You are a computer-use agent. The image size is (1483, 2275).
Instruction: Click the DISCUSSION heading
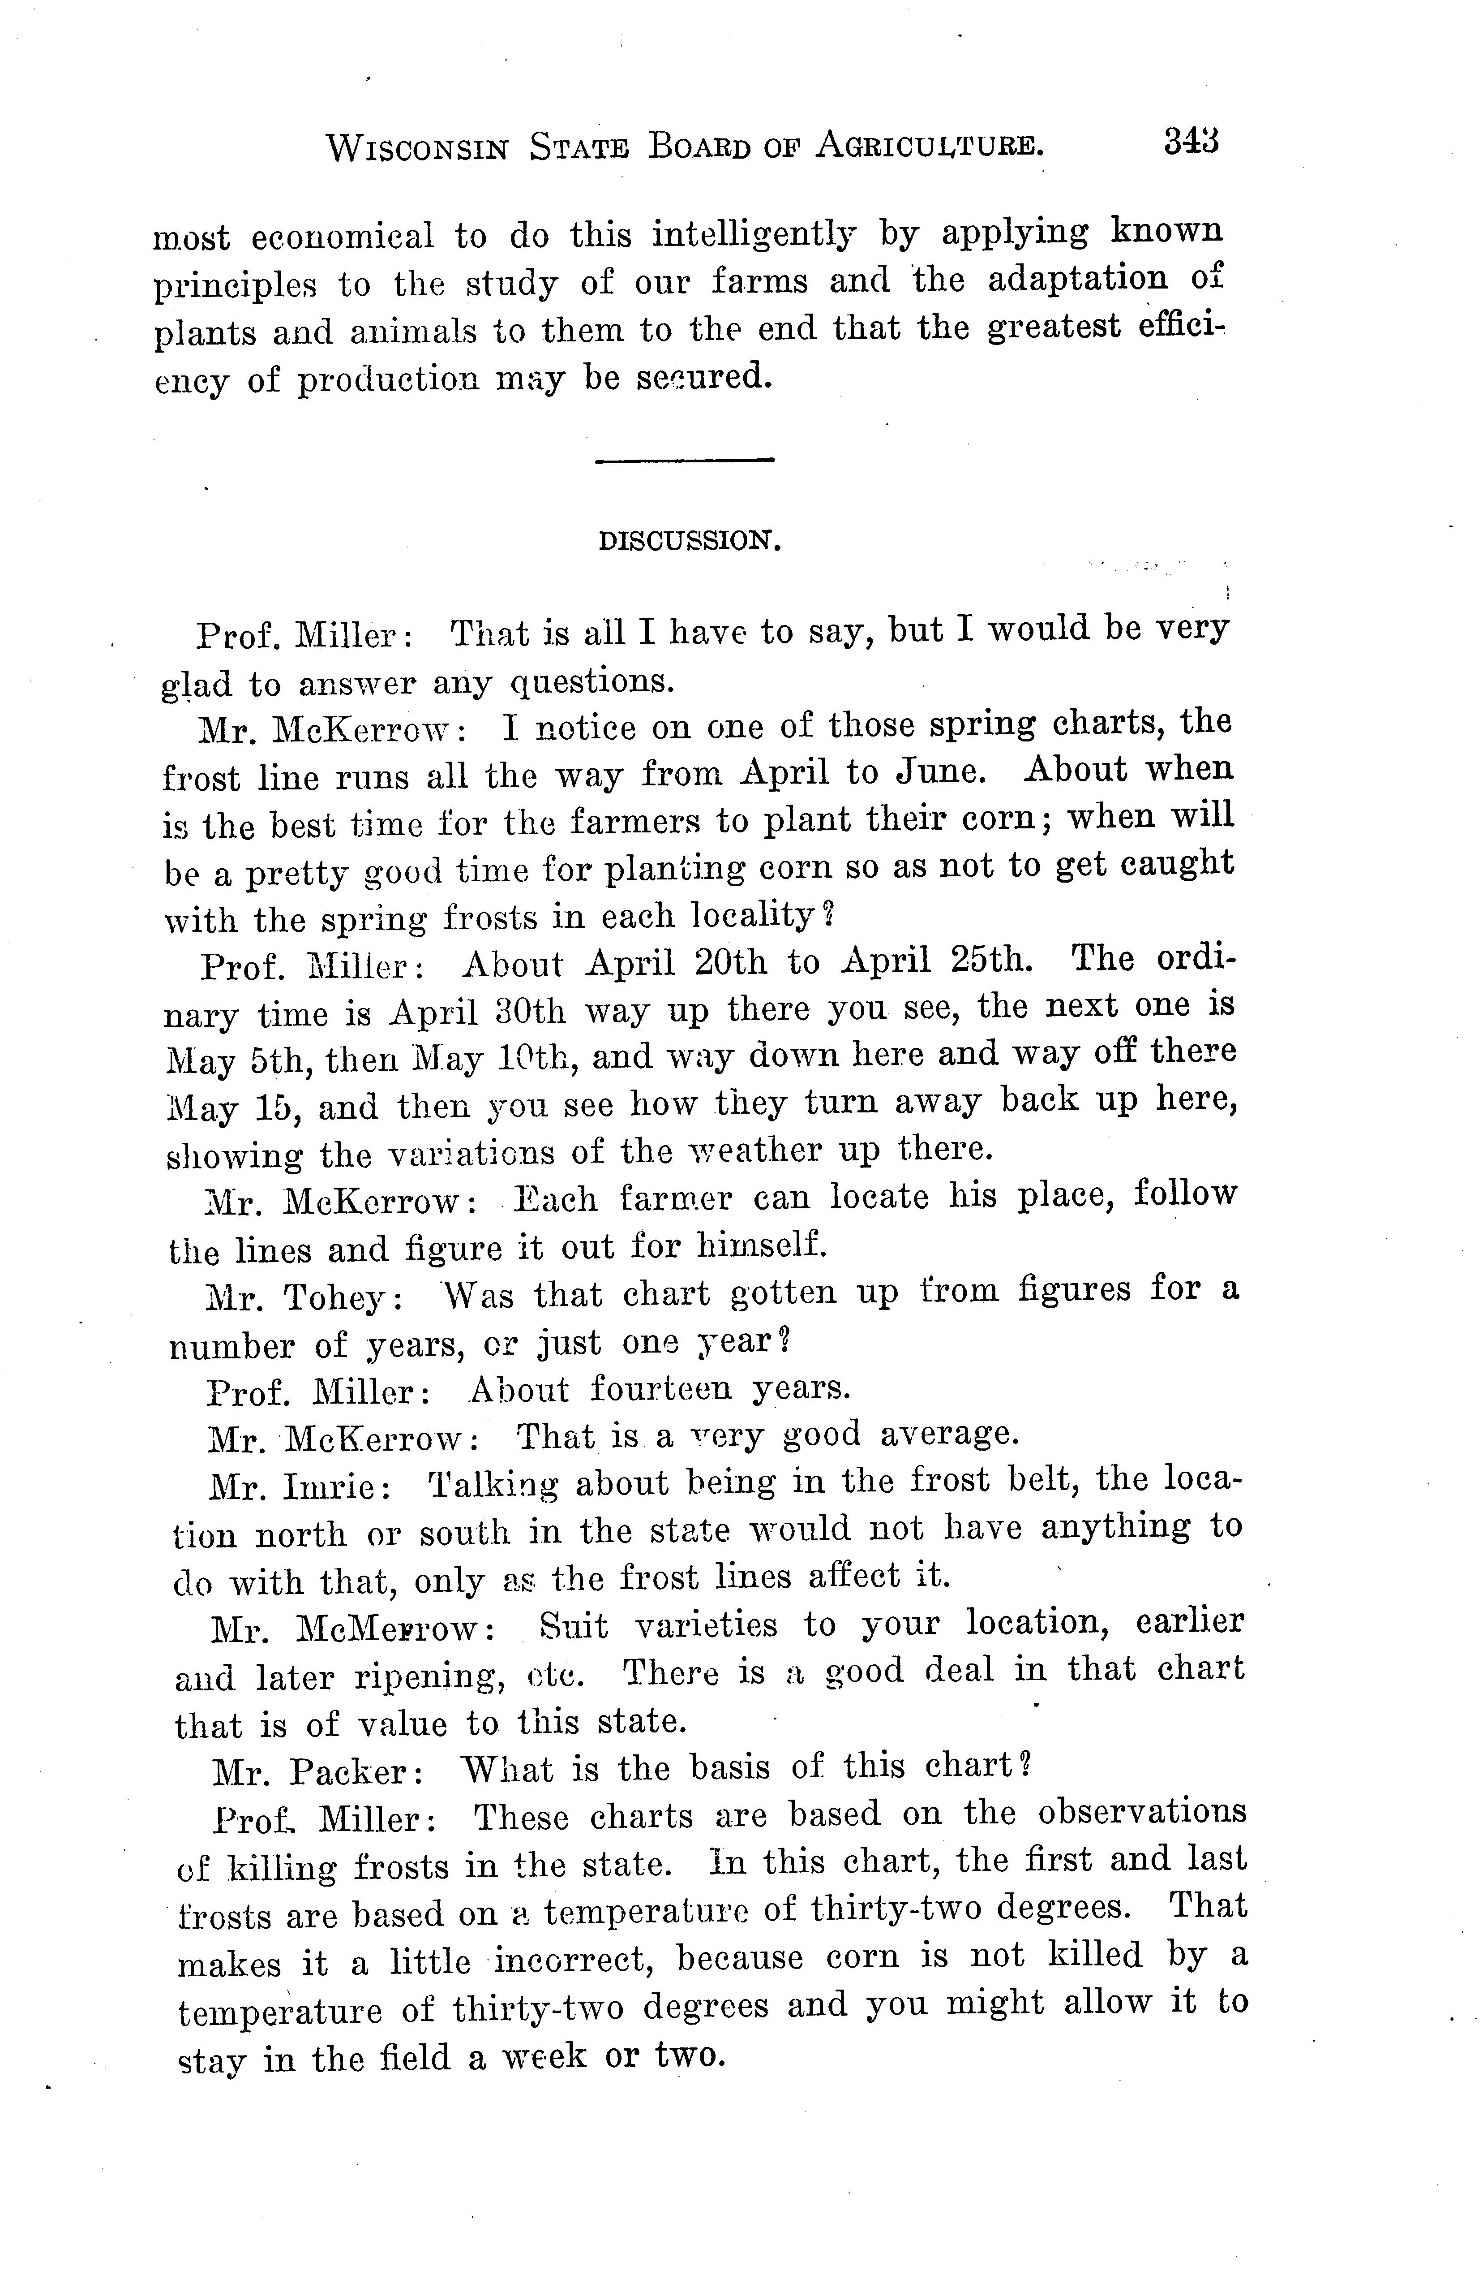690,541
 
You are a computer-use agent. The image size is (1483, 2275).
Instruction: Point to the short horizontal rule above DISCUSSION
684,462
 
